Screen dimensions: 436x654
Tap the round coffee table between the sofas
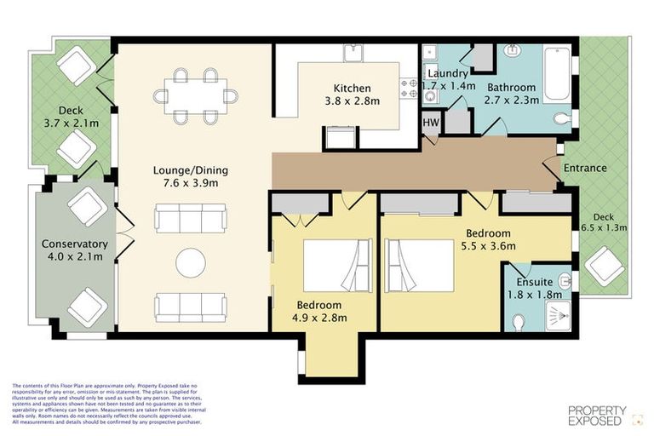190,262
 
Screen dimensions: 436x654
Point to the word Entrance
585,168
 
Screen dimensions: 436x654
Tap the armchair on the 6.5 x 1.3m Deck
605,265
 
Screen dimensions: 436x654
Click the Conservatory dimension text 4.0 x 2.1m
75,258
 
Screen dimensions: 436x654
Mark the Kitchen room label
352,88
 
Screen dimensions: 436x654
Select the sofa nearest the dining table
190,218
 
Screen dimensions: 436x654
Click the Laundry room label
447,73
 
